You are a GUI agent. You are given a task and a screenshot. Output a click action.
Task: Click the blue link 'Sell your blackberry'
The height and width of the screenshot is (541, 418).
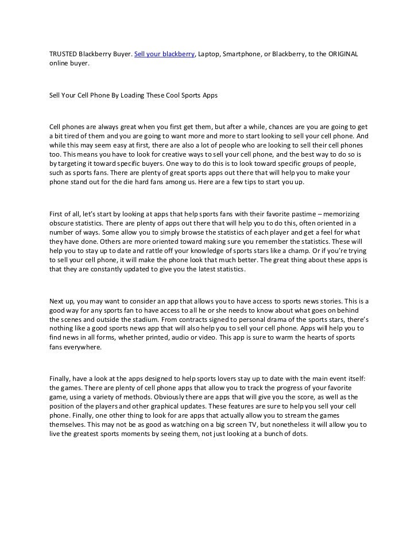click(165, 54)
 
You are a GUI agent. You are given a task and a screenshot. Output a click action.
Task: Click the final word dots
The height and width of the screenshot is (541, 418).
click(300, 434)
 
